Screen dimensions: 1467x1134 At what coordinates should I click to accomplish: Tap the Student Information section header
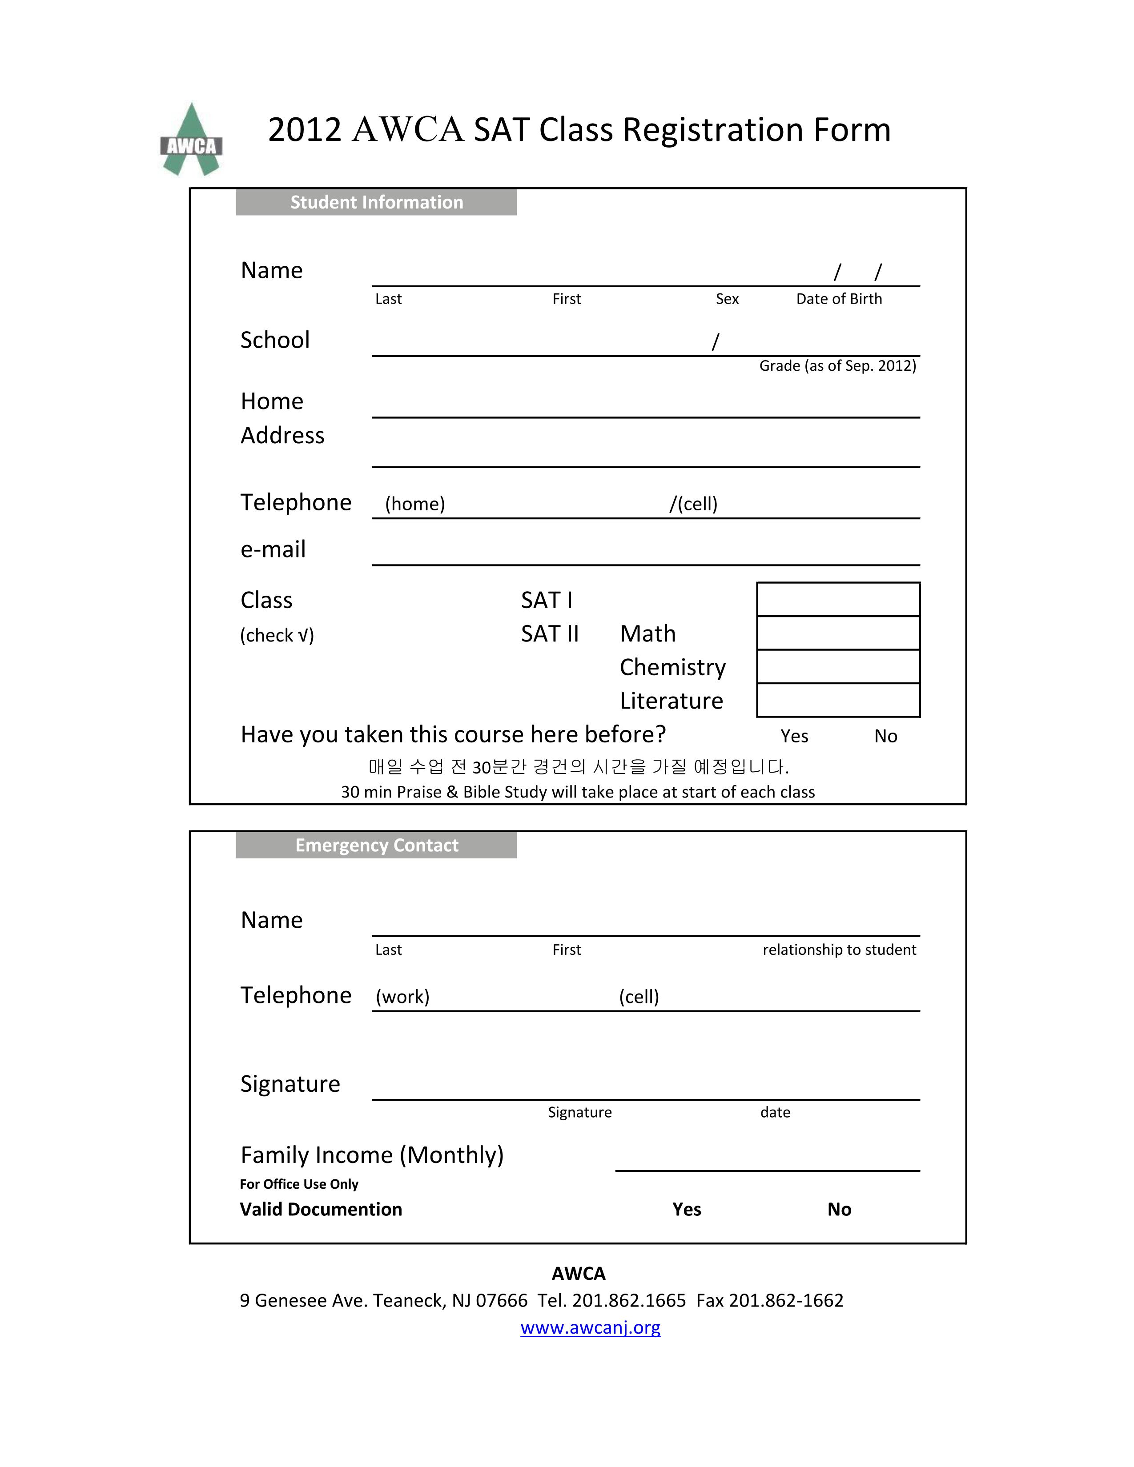[x=376, y=202]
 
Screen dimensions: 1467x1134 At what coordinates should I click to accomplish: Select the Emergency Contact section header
[x=376, y=845]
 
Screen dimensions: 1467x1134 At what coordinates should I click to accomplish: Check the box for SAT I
[x=838, y=599]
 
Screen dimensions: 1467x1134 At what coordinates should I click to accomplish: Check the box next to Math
[x=838, y=633]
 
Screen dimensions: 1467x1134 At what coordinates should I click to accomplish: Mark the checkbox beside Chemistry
[x=838, y=666]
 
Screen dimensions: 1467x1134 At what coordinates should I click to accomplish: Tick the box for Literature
[x=838, y=700]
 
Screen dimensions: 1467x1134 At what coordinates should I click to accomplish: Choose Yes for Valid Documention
[x=687, y=1209]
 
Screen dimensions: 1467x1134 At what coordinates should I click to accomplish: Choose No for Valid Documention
[x=839, y=1209]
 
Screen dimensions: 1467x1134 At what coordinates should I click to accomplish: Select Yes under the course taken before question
[x=794, y=736]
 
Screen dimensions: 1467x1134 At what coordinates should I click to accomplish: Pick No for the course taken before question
[x=885, y=736]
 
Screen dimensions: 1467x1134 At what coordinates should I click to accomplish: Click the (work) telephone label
[x=402, y=996]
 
